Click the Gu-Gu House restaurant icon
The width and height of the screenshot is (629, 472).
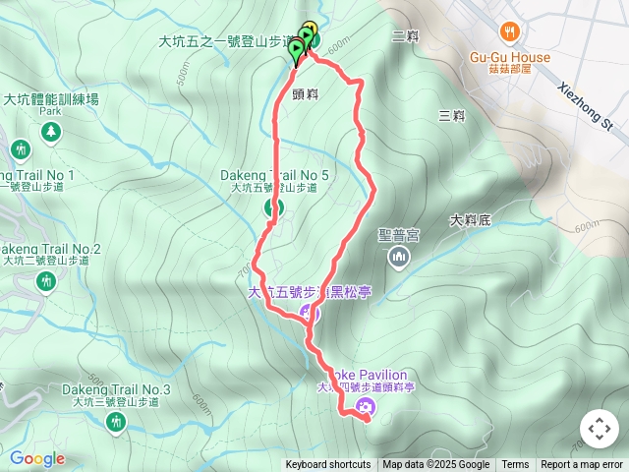(508, 31)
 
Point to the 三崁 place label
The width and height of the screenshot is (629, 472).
(452, 115)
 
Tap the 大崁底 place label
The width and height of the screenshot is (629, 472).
(471, 220)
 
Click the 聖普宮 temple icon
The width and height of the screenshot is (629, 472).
(399, 258)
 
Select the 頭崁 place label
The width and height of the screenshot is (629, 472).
(305, 94)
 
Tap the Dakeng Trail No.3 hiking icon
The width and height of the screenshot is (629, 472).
(117, 421)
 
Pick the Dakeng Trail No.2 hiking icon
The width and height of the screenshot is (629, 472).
(45, 281)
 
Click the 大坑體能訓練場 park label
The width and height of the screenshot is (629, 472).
(51, 98)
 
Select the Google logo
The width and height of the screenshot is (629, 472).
(37, 458)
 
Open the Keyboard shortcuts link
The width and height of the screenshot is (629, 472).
(328, 465)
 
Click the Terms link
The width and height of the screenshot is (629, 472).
(515, 465)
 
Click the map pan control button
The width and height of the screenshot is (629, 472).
(599, 429)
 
